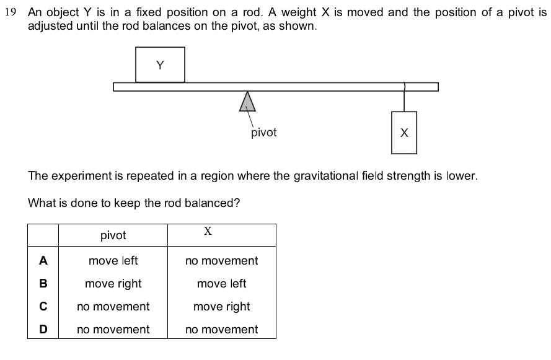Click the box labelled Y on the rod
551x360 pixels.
click(x=160, y=64)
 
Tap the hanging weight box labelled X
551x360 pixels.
click(x=404, y=133)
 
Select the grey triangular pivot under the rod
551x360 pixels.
click(x=247, y=102)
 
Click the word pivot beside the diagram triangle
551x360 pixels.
click(x=264, y=133)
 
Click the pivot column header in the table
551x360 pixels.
click(x=113, y=235)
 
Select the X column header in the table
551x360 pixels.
click(x=208, y=232)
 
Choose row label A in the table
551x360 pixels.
click(x=43, y=261)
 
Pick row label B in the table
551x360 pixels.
click(x=43, y=284)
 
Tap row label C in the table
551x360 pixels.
click(x=43, y=307)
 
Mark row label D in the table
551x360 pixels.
click(x=43, y=330)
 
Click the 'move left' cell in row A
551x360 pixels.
click(x=113, y=261)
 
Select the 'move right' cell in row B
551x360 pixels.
click(x=113, y=284)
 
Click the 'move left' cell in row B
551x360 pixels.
click(x=221, y=284)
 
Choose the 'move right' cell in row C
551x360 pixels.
click(x=221, y=307)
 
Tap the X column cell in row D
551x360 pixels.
click(x=221, y=330)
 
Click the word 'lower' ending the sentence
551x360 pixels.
click(x=463, y=176)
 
